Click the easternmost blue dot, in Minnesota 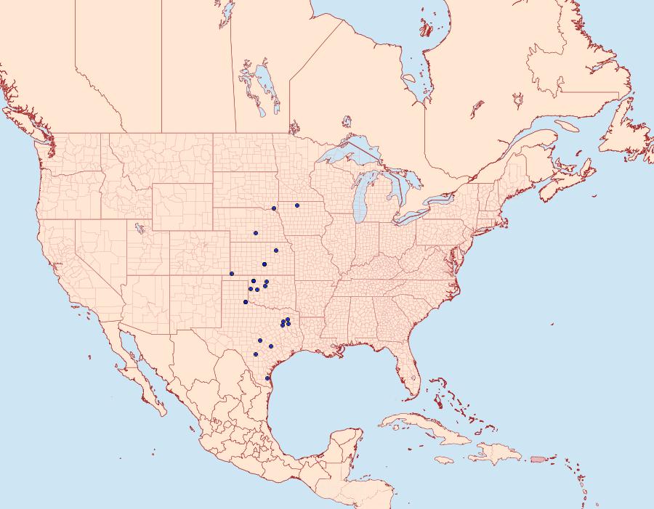(297, 205)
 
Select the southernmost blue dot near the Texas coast (267, 378)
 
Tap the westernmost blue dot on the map (231, 274)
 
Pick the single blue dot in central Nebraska (256, 233)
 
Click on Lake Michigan (362, 200)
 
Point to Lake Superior (349, 154)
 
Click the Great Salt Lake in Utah (136, 227)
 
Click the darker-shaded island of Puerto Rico (538, 459)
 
